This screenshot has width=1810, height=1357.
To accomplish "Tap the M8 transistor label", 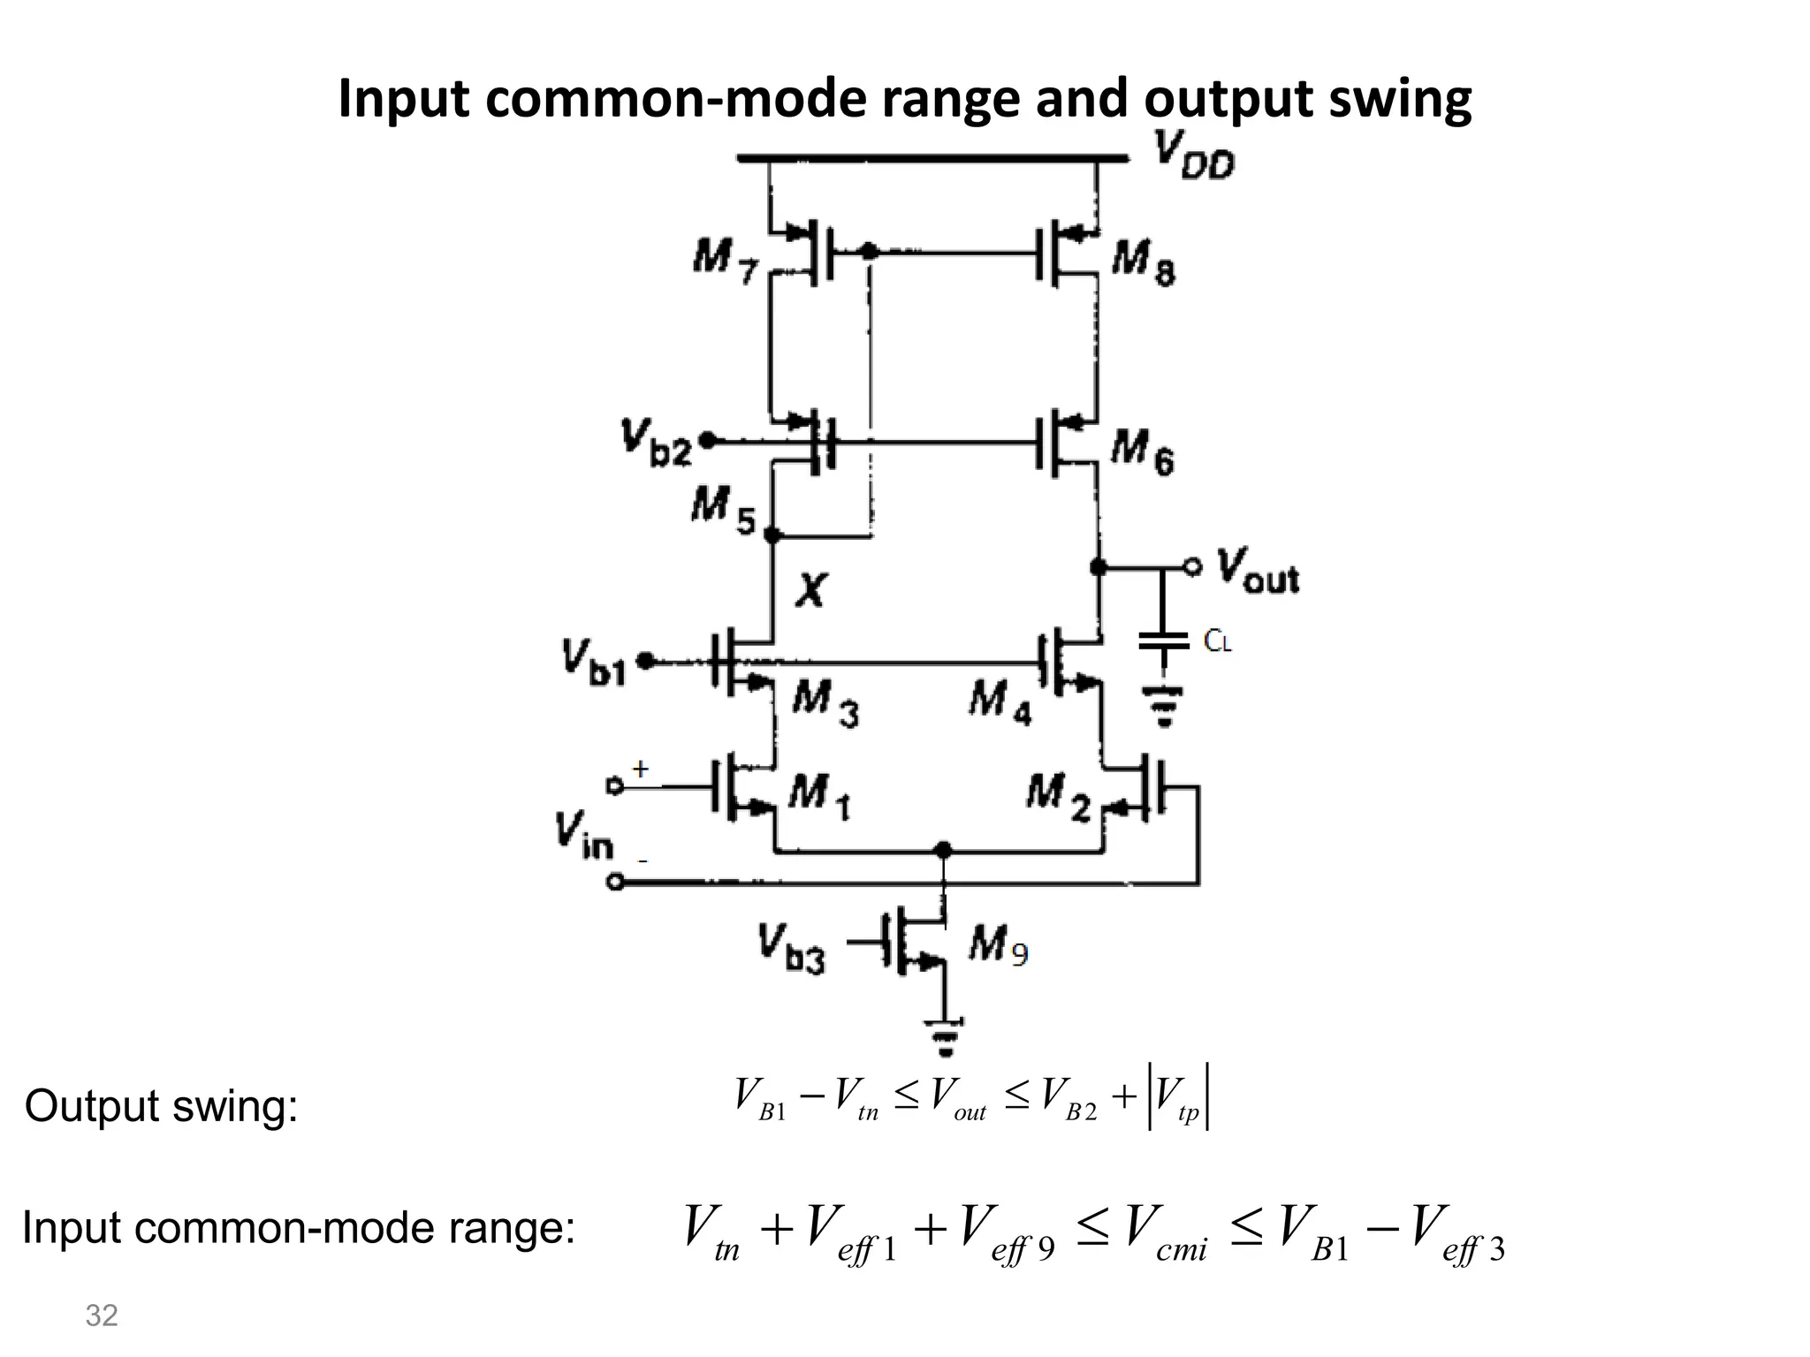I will click(1144, 262).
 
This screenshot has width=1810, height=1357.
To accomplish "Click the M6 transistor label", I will click(1142, 451).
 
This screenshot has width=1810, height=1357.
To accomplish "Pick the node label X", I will click(810, 589).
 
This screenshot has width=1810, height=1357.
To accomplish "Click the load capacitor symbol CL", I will click(1163, 641).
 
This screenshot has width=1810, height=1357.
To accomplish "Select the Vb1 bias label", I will click(593, 663).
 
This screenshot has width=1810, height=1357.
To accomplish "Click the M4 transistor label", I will click(1000, 703).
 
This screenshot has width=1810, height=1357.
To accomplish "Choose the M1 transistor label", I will click(818, 794).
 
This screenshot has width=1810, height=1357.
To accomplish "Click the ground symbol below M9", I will click(945, 1037).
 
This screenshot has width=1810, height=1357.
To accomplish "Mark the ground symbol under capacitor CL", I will click(1163, 707).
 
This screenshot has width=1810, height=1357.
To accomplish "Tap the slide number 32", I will click(102, 1315).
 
